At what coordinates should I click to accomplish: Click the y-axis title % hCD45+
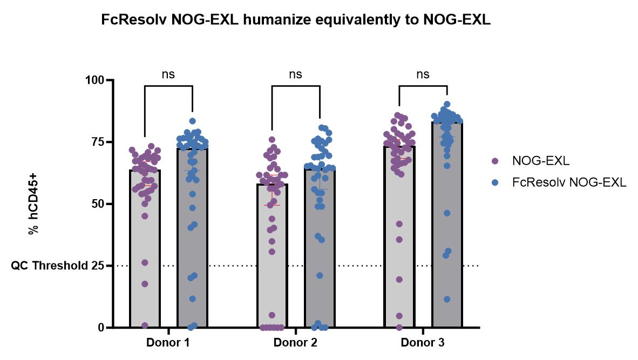[33, 203]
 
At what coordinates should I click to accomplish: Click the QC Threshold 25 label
[56, 266]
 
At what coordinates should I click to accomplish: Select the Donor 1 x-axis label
[168, 343]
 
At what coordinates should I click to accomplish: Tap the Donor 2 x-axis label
[295, 343]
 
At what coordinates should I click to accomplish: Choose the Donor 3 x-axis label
[423, 343]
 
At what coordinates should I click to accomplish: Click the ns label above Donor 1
[168, 74]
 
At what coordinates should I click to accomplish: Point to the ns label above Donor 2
[296, 74]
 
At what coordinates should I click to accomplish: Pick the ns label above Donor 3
[423, 74]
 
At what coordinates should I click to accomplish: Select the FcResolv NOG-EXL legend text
[568, 182]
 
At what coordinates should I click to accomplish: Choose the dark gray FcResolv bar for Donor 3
[447, 243]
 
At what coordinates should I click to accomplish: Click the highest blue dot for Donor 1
[193, 121]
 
